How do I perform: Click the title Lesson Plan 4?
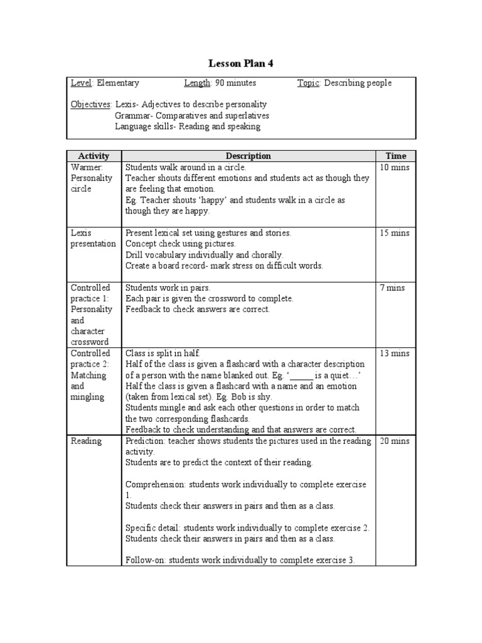click(241, 63)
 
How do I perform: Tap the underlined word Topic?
click(308, 83)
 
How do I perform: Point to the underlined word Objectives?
click(91, 104)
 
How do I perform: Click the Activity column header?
click(94, 156)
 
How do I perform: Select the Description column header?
click(248, 156)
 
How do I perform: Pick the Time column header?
click(395, 156)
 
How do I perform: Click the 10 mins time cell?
click(395, 168)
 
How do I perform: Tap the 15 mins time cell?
click(395, 233)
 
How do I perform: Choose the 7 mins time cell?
click(392, 288)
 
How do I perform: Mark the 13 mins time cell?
click(395, 354)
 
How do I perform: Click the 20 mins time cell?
click(395, 441)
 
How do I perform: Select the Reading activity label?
click(86, 441)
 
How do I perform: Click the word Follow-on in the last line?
click(146, 560)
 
